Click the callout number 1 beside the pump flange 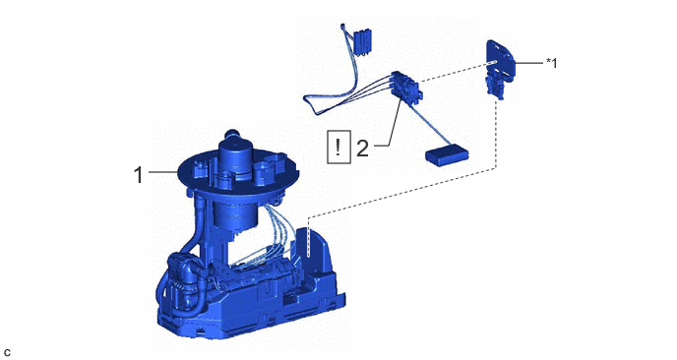[138, 175]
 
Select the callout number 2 [363, 149]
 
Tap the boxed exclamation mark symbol [338, 147]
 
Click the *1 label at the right [552, 63]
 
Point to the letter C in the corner [7, 353]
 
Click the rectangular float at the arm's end [447, 155]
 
